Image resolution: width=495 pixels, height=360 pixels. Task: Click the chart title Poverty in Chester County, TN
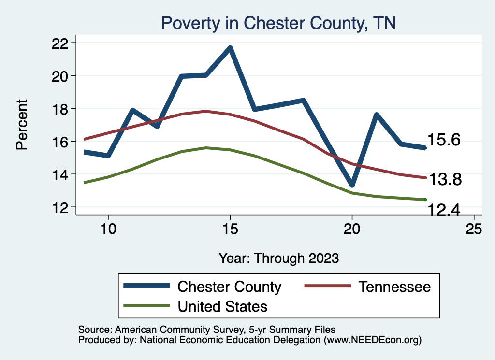pos(278,23)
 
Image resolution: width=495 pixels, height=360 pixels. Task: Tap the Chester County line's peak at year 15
pos(230,48)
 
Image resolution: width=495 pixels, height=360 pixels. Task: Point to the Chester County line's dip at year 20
pos(352,185)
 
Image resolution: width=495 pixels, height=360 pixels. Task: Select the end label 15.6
pos(444,140)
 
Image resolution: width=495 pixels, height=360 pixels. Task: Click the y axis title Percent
pos(22,124)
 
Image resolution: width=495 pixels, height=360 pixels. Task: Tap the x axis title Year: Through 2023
pos(278,258)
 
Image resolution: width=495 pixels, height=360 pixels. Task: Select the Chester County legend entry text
pos(229,287)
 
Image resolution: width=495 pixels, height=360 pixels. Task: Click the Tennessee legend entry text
pos(394,287)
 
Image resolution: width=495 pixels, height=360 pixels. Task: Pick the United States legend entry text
pos(222,306)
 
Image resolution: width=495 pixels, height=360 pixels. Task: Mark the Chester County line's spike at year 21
pos(376,115)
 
